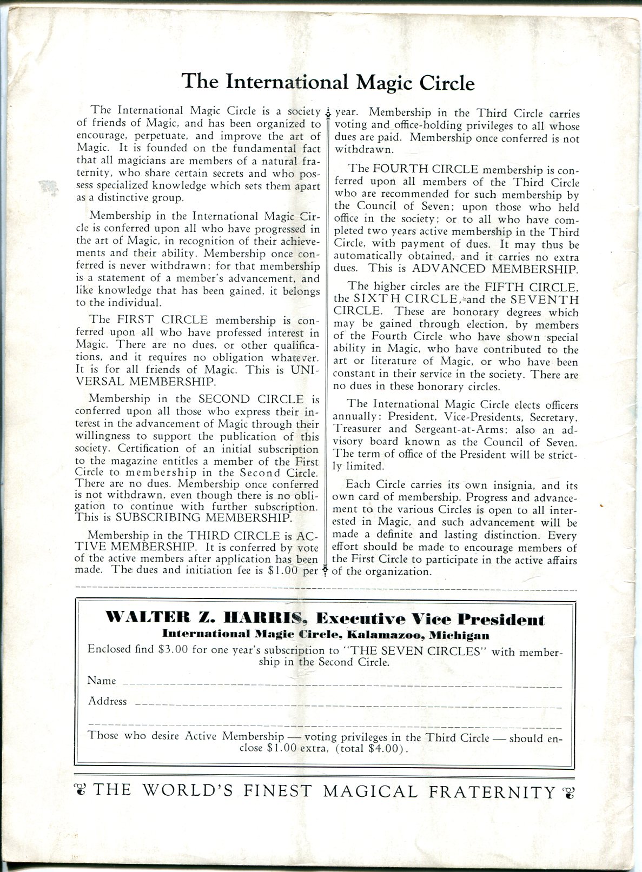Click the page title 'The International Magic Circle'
pos(328,82)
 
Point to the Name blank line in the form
pos(341,684)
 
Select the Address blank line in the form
pos(346,705)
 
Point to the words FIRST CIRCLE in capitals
pos(168,320)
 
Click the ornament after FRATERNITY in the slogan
pos(568,793)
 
